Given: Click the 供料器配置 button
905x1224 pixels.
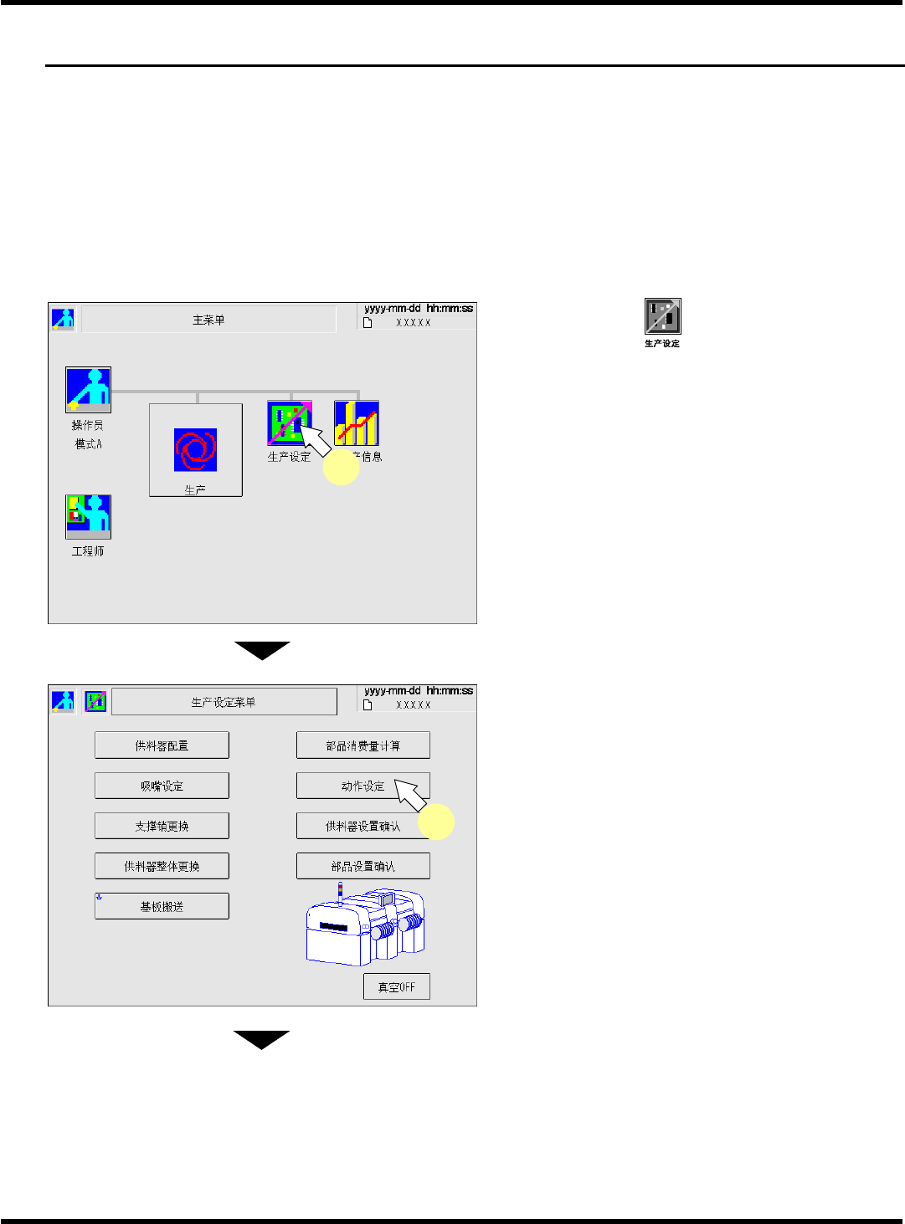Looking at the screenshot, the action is (162, 745).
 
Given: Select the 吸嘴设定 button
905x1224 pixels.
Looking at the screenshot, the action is (162, 786).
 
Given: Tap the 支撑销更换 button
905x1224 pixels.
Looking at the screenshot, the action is (162, 826).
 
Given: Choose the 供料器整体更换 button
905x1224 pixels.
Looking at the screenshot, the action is (162, 866).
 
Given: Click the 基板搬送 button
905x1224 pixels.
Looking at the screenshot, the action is (162, 906).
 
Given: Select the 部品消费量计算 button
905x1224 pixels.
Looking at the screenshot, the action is (363, 745).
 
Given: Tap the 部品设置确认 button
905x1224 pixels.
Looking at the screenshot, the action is (363, 866).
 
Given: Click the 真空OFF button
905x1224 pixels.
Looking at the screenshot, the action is (396, 986).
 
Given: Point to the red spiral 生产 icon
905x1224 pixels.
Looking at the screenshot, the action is (195, 449).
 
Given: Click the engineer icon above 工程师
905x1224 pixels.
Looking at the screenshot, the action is (88, 516).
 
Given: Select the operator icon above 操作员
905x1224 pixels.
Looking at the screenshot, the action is (88, 389).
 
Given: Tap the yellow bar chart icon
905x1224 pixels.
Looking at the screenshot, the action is (357, 423).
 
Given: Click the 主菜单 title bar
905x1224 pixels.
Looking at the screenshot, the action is (208, 320).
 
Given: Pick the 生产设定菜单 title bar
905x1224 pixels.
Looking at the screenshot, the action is (224, 702).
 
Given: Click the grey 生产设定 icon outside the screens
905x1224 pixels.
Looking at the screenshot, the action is (662, 316).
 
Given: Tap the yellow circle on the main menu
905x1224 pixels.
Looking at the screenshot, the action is (341, 468).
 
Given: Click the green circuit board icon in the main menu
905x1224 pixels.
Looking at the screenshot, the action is (289, 423).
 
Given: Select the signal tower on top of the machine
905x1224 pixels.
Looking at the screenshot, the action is (340, 892).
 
